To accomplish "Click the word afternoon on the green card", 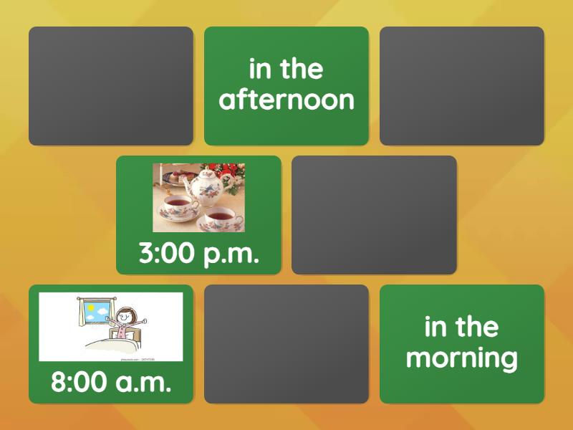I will [286, 100].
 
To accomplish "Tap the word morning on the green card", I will [462, 358].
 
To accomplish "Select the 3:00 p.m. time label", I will [198, 253].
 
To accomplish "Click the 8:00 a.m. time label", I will [111, 382].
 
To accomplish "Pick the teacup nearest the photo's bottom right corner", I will [220, 219].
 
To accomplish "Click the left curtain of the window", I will [81, 315].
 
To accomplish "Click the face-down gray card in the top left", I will [111, 86].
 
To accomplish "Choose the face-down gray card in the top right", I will [462, 86].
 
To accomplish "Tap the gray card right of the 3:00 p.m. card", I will [374, 215].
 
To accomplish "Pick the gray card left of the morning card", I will [286, 344].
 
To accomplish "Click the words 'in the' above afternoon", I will [286, 70].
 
